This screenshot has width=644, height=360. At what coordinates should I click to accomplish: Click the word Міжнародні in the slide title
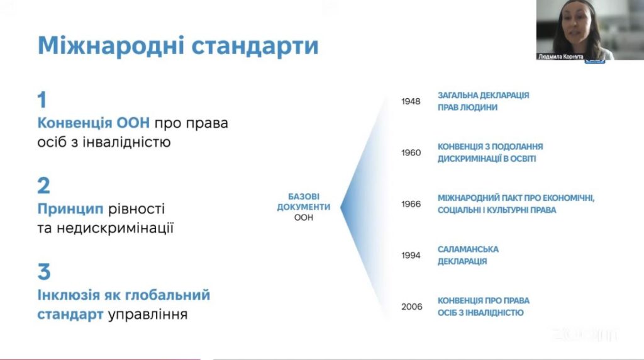point(111,45)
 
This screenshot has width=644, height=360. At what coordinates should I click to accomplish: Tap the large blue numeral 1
point(42,100)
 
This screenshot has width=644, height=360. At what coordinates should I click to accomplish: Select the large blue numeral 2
point(43,186)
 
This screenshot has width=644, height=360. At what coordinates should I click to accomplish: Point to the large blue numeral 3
point(44,272)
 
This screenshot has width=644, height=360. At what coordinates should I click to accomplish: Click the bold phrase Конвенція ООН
point(94,123)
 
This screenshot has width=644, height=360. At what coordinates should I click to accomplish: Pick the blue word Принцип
point(70,209)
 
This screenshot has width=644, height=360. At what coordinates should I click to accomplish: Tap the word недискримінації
point(115,228)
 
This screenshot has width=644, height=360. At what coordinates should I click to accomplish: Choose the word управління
point(148,315)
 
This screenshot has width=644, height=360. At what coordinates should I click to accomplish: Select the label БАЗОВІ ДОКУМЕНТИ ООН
point(304,207)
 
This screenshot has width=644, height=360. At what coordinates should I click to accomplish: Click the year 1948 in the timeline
point(411,101)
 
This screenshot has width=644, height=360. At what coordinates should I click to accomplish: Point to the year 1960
point(411,153)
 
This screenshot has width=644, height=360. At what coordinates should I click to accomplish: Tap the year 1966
point(411,205)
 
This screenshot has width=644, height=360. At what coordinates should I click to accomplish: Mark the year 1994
point(411,256)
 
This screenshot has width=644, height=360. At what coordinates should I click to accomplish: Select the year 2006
point(412,307)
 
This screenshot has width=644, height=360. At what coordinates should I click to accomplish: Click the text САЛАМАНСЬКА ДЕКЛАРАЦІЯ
point(468,255)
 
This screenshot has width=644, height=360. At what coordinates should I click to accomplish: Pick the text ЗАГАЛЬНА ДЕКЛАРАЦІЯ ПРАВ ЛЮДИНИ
point(484,101)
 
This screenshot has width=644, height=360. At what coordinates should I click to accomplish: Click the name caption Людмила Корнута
point(560,57)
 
